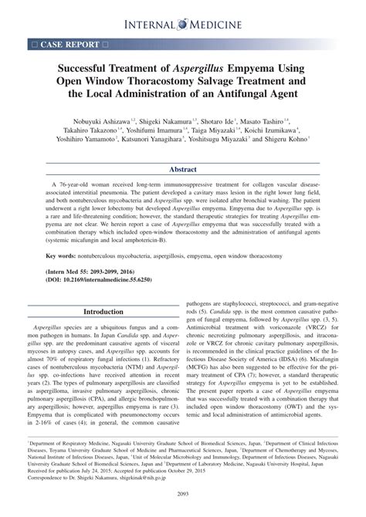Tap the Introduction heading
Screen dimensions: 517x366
[x=103, y=312]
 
